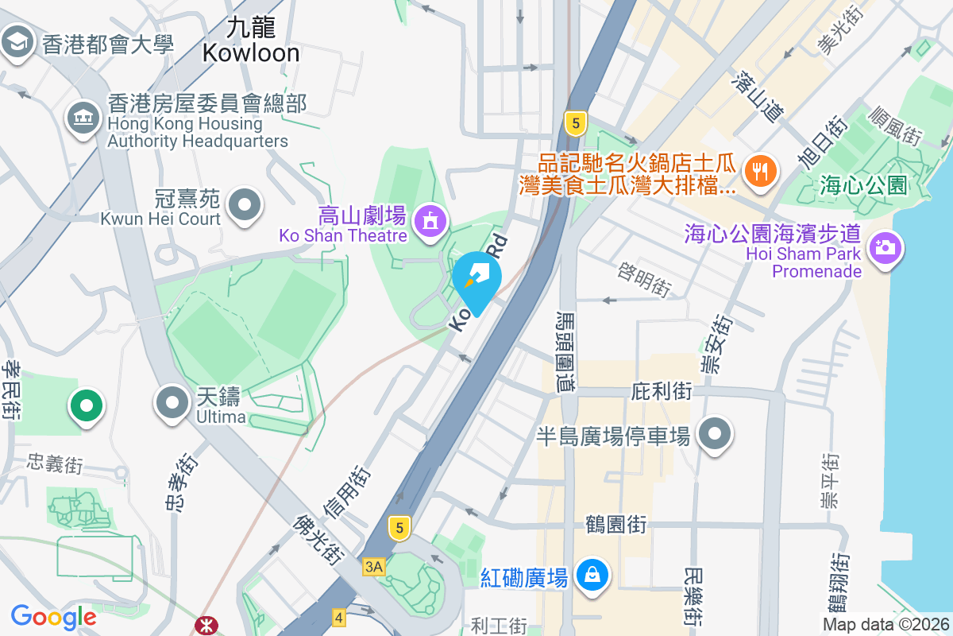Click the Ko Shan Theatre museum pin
tap(430, 222)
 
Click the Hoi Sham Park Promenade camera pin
tap(883, 247)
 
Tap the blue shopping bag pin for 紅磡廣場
tap(592, 576)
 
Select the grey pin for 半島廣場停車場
tap(715, 434)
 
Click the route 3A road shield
tap(373, 566)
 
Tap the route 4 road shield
tap(339, 617)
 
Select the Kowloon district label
tap(251, 41)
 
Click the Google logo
tap(53, 617)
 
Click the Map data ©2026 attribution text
tap(885, 625)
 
